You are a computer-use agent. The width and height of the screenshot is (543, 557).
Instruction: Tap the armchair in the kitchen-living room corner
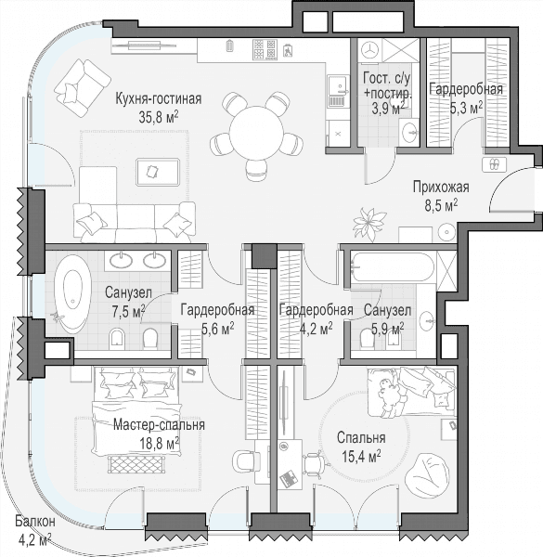(x=83, y=87)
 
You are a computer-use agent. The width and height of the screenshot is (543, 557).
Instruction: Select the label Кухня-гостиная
(x=159, y=98)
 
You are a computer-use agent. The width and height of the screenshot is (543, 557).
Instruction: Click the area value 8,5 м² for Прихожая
(x=441, y=205)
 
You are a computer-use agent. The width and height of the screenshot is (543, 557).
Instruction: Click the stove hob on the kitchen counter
(x=265, y=49)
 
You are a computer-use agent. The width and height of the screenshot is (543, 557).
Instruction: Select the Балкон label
(x=35, y=522)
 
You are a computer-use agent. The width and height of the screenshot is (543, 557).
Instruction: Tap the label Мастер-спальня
(x=159, y=425)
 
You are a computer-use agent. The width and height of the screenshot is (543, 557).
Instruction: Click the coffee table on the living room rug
(x=158, y=172)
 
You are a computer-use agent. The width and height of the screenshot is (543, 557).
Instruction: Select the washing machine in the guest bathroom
(x=369, y=50)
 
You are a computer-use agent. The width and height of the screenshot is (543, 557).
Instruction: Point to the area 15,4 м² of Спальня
(x=361, y=456)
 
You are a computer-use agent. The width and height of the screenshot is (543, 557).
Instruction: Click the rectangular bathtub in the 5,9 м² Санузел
(x=393, y=267)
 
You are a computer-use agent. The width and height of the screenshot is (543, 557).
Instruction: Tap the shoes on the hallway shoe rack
(x=494, y=164)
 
